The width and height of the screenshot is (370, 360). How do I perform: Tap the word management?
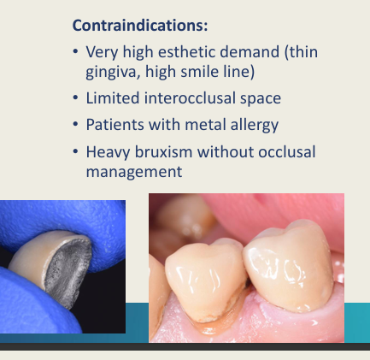[x=133, y=172]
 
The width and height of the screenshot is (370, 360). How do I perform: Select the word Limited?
[x=114, y=98]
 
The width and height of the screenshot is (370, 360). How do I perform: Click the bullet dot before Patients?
[x=76, y=126]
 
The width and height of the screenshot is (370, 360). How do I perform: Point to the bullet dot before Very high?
[x=76, y=52]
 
